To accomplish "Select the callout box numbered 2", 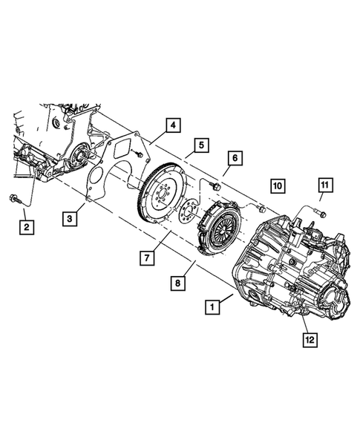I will (x=27, y=225).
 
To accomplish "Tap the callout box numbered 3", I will (x=69, y=218).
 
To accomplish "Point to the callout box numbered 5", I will (x=200, y=145).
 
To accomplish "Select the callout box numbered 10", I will (x=277, y=185).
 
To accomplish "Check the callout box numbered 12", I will (x=307, y=340).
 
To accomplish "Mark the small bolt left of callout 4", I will (x=140, y=154).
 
